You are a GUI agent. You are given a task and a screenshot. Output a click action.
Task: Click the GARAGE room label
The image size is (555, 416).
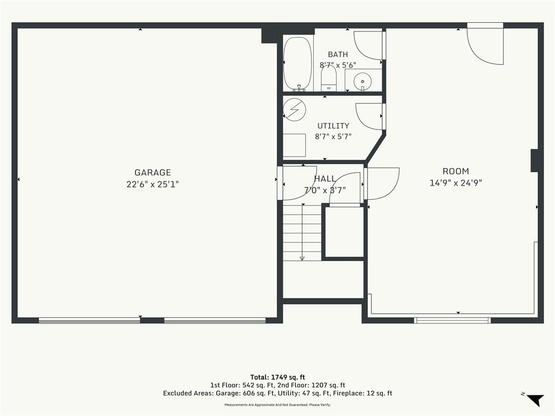pos(152,172)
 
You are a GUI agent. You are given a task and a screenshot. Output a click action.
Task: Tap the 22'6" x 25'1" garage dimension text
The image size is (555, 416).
pos(152,184)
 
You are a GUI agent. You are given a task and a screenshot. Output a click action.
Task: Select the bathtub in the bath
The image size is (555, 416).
pos(298,64)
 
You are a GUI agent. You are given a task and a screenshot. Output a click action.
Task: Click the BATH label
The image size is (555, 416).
pos(338,55)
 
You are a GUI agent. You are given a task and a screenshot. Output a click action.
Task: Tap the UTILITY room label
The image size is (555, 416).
pos(333,126)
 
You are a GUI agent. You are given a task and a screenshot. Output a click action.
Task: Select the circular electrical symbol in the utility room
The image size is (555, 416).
pos(294,109)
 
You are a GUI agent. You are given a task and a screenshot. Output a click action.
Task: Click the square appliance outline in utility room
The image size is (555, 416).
pos(294,145)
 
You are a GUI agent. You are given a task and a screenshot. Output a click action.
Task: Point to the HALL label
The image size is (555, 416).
pos(325,179)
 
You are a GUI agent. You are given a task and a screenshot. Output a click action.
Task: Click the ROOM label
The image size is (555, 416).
pos(455,171)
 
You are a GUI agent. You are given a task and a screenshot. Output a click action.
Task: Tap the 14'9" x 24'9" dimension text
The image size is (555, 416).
pos(455,183)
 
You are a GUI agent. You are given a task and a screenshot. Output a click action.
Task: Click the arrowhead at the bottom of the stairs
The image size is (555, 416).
pos(302,258)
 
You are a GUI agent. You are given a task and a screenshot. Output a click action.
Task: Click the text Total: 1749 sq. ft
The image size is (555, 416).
pos(277,377)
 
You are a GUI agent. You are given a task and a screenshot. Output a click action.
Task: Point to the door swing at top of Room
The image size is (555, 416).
pos(485,46)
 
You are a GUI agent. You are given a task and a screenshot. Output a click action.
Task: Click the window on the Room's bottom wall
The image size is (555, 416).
pos(453,321)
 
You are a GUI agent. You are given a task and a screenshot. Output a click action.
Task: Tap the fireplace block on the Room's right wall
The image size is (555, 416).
pos(535,160)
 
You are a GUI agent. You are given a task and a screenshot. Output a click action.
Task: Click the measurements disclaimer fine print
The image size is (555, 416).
pos(277,405)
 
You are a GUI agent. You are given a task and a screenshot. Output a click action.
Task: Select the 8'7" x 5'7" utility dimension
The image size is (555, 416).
pos(333,136)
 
